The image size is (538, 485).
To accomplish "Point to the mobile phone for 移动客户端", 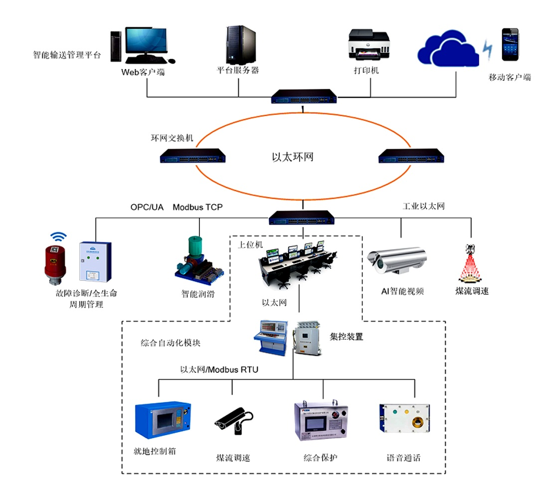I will click(510, 45).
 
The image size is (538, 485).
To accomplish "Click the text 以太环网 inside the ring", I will click(293, 157).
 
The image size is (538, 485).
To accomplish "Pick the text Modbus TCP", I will click(197, 207).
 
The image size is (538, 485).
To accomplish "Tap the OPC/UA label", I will click(147, 207).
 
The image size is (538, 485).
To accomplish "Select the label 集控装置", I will click(347, 337).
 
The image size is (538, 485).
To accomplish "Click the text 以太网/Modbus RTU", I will click(219, 370).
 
